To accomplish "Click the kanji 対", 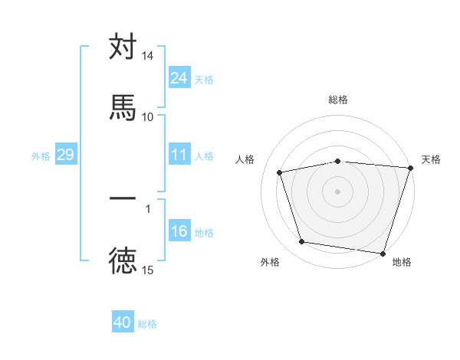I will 123,47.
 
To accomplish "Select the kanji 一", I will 123,198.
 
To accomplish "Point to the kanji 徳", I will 123,261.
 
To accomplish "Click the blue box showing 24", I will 179,78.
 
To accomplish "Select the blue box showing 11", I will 179,155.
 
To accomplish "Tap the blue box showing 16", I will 179,232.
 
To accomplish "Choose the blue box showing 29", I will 65,155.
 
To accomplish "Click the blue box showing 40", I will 123,322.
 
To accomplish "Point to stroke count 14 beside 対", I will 148,56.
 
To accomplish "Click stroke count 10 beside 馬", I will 148,116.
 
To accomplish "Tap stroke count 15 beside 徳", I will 148,270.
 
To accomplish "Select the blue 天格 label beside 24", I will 204,79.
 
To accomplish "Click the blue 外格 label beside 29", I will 41,156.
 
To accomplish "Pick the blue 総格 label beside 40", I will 147,323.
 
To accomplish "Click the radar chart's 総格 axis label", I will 338,100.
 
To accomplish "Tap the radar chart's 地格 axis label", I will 402,262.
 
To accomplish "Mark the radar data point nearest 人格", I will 281,172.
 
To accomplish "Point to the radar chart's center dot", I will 338,191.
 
